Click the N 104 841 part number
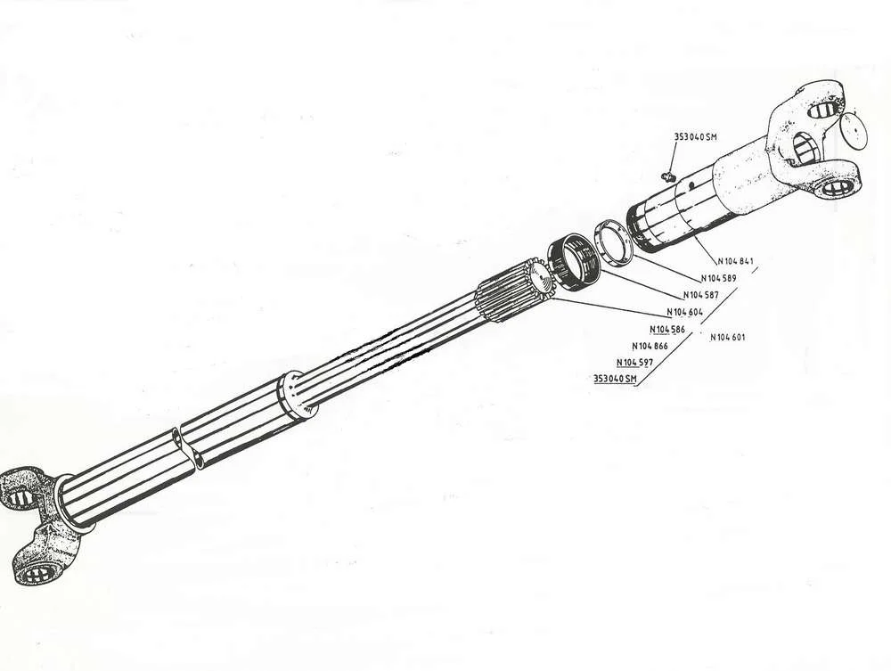tap(735, 261)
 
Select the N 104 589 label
tap(718, 278)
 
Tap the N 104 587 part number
tap(700, 295)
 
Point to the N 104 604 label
tap(684, 312)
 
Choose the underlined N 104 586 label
tap(667, 330)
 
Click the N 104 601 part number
tap(727, 337)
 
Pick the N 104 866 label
tap(650, 346)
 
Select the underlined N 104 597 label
tap(634, 363)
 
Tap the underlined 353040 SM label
tap(615, 379)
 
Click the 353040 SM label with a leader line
tap(696, 137)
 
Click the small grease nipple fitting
tap(667, 176)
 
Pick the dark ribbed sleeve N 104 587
tap(573, 259)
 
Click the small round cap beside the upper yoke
tap(853, 130)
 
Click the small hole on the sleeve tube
tap(691, 184)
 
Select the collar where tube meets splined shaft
tap(297, 396)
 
